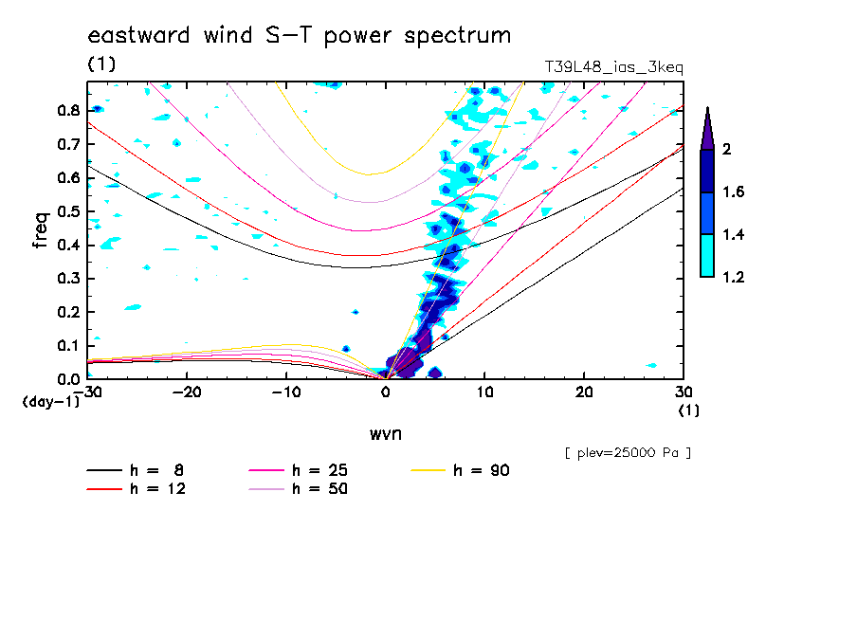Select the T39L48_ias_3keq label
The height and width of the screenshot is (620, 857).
coord(613,66)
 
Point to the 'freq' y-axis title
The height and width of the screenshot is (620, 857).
coord(42,230)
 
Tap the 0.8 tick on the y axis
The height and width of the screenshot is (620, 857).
coord(67,110)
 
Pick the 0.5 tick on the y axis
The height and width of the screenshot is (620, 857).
coord(67,211)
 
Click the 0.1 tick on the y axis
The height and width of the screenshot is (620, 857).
coord(67,345)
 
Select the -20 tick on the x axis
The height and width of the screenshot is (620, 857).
coord(187,392)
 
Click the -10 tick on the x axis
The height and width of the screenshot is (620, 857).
coord(286,392)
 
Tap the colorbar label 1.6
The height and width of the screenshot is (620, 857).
coord(734,192)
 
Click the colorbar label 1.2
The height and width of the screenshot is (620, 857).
coord(734,278)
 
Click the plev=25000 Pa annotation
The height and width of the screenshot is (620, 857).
coord(628,453)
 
